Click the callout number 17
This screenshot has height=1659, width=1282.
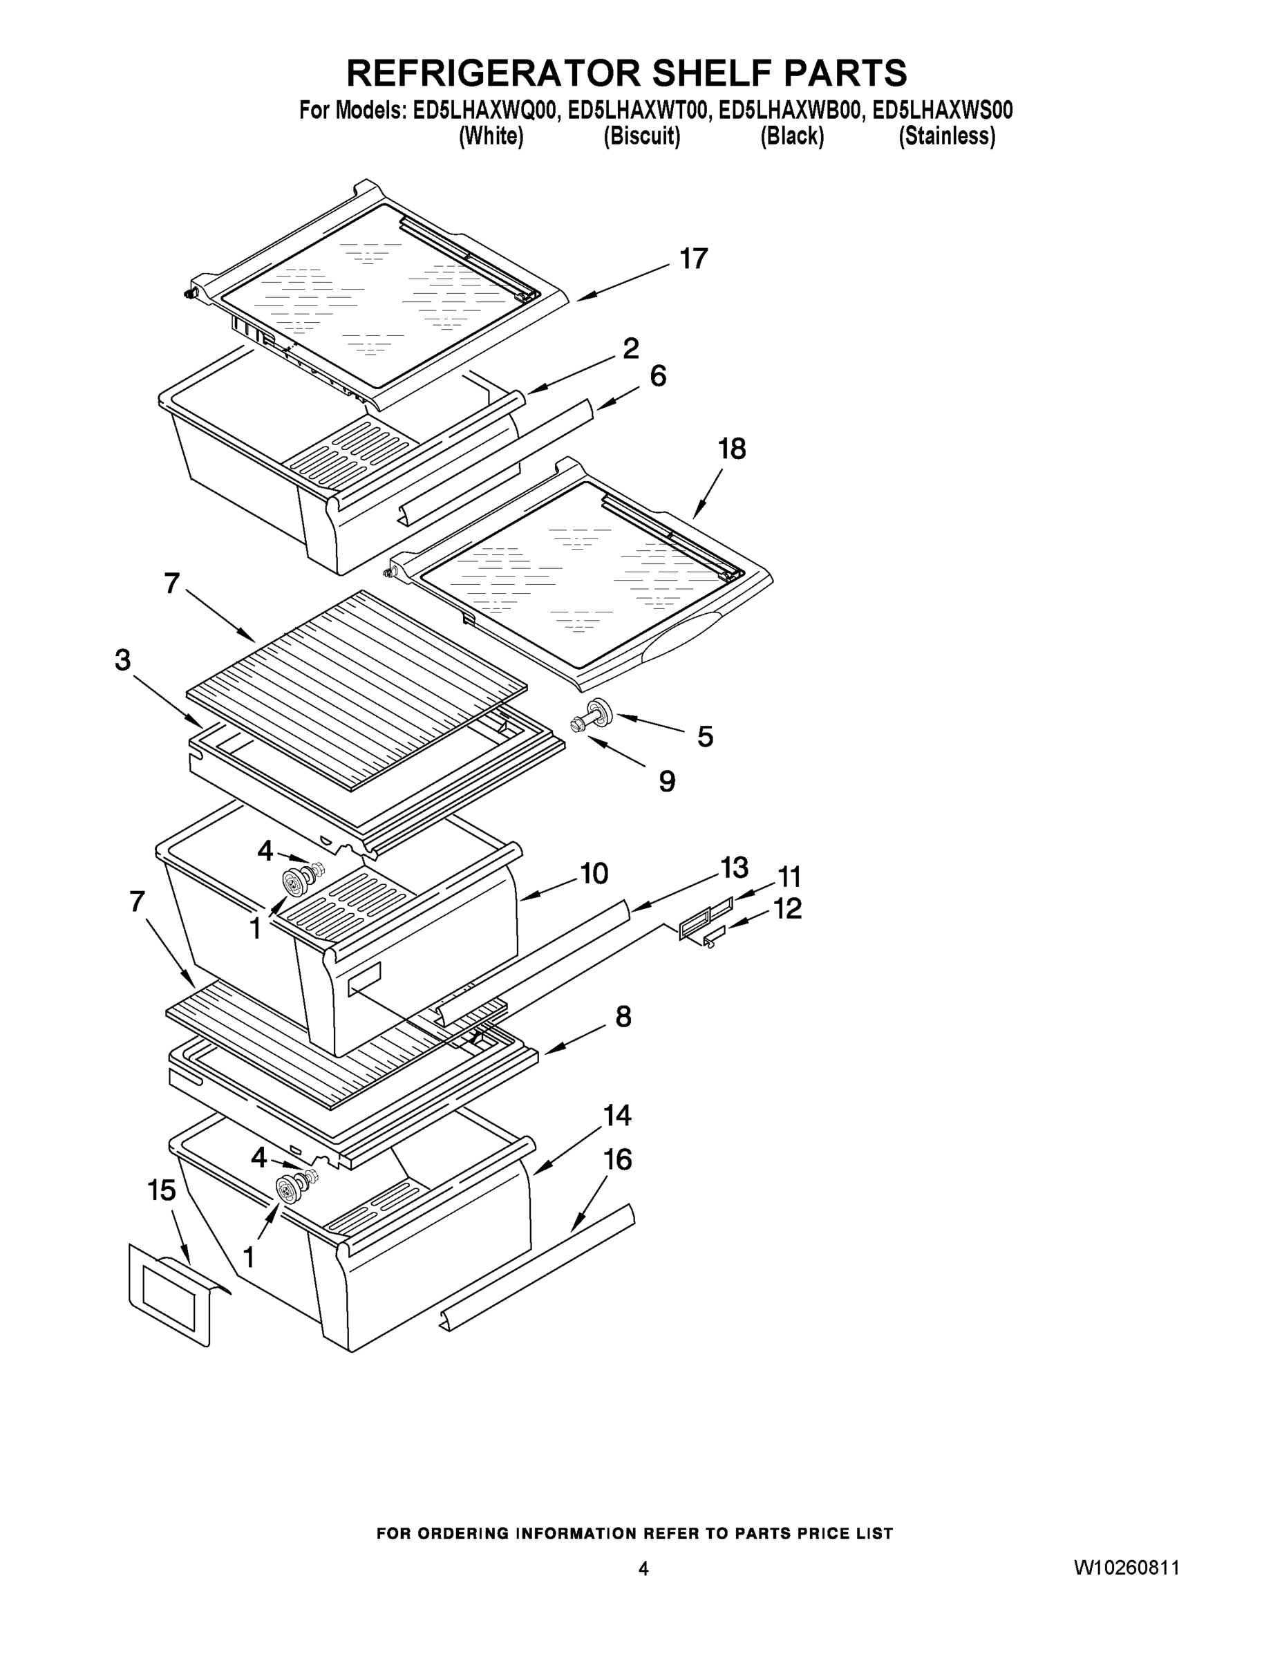(692, 260)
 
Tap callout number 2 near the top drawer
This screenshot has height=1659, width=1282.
(630, 348)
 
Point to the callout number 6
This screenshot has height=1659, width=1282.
(659, 376)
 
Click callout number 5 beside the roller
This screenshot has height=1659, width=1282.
(705, 736)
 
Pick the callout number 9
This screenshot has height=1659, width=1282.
(667, 782)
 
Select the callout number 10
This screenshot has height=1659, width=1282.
(594, 874)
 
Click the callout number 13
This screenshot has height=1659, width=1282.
(734, 867)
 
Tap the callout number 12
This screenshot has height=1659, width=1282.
(788, 908)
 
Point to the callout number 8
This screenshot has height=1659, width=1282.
(623, 1016)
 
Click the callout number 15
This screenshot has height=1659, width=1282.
(162, 1190)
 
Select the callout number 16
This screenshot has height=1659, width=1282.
(616, 1160)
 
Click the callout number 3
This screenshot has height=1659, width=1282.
(122, 660)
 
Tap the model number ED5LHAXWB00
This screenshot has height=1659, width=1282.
(790, 111)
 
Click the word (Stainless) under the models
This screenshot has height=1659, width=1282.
(946, 137)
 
